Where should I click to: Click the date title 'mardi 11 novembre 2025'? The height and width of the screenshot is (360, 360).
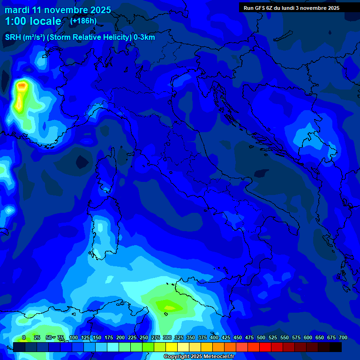pyautogui.click(x=58, y=10)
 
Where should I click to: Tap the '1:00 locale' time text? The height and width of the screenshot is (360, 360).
pyautogui.click(x=33, y=21)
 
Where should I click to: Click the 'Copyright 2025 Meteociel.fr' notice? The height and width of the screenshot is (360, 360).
pyautogui.click(x=198, y=356)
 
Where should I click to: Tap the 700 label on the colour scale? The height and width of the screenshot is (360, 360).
pyautogui.click(x=343, y=337)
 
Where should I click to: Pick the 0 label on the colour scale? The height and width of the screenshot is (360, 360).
pyautogui.click(x=24, y=337)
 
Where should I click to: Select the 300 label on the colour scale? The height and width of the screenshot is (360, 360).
pyautogui.click(x=167, y=337)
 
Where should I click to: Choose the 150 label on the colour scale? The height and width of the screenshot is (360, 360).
pyautogui.click(x=97, y=337)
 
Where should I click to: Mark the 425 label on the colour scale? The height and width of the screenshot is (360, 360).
pyautogui.click(x=226, y=337)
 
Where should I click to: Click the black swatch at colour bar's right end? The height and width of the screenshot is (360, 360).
pyautogui.click(x=336, y=347)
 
